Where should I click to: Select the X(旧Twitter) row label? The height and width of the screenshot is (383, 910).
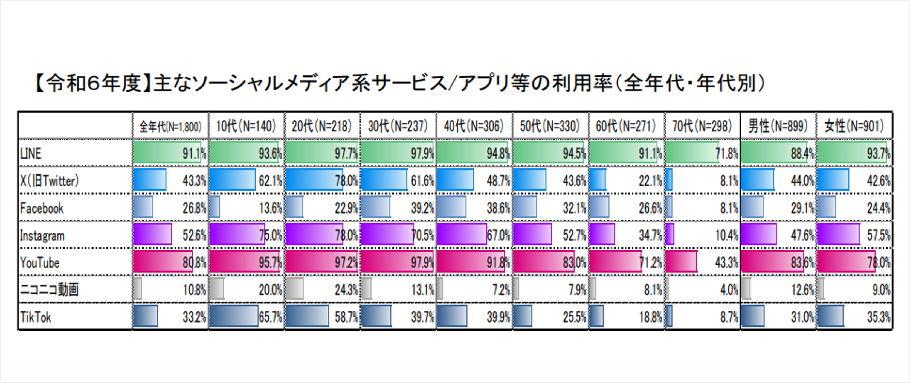49,181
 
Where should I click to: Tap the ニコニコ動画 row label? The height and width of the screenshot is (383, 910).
49,290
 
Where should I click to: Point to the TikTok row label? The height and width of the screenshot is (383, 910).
36,317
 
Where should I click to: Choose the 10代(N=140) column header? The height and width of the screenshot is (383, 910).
246,126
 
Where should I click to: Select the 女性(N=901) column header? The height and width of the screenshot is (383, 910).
854,126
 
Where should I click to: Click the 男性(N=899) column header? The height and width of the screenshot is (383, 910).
778,126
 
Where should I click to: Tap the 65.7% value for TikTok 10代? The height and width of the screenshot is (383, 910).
271,317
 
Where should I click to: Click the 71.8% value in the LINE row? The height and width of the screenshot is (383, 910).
727,154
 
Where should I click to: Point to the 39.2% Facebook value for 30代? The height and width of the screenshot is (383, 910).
422,208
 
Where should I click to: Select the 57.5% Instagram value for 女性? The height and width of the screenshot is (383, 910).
879,235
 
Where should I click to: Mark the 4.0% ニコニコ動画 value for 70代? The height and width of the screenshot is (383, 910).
729,290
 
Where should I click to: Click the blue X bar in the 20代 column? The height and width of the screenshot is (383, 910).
314,180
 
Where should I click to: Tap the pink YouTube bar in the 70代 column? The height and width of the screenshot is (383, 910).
681,262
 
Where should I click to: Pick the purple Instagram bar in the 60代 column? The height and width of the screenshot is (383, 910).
602,234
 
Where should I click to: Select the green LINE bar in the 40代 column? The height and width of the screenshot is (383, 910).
472,153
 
